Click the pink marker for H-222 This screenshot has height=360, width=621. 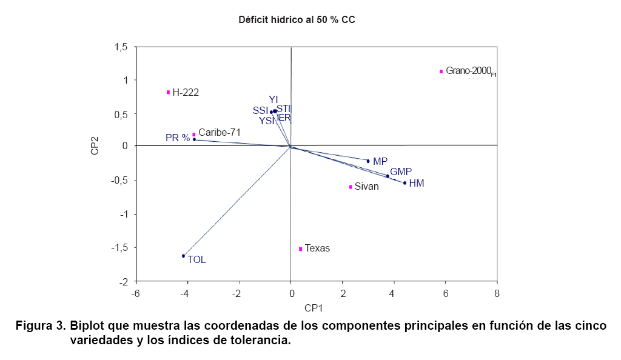168,92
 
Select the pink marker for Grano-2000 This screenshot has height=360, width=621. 441,72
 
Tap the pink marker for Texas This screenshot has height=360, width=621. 300,248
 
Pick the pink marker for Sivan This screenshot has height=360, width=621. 351,187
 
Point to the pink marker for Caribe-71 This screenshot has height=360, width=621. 194,135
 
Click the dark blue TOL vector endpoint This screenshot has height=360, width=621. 183,256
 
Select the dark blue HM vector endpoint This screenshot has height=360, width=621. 404,183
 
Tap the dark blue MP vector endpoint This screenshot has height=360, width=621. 368,161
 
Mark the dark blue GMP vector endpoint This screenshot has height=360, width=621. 388,176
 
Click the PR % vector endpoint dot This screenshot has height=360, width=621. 194,140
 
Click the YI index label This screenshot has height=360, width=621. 274,99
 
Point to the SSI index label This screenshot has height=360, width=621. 260,110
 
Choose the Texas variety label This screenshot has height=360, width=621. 317,248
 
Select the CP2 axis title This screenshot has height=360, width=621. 95,145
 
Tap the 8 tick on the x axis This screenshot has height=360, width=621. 497,294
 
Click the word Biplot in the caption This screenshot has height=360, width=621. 89,325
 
